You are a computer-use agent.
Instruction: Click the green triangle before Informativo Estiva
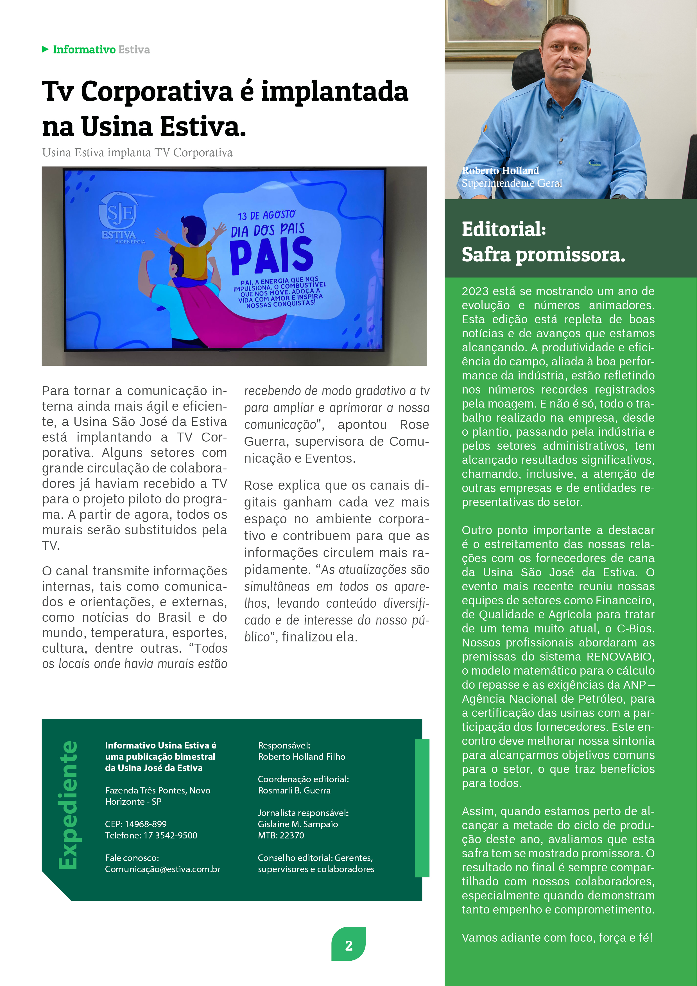[45, 49]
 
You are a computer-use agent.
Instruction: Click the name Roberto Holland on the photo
[500, 171]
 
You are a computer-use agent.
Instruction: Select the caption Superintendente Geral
[512, 183]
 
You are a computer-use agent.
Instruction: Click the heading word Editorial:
[503, 229]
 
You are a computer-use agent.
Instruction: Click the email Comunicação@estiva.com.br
[162, 869]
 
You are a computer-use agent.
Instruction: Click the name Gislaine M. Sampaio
[298, 824]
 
